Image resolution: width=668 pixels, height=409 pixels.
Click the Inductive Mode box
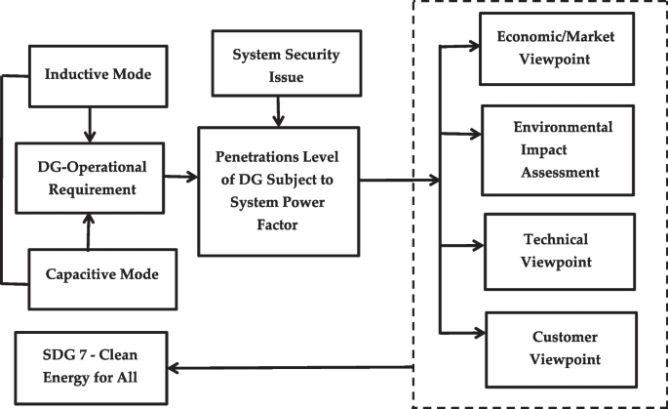pos(90,73)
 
